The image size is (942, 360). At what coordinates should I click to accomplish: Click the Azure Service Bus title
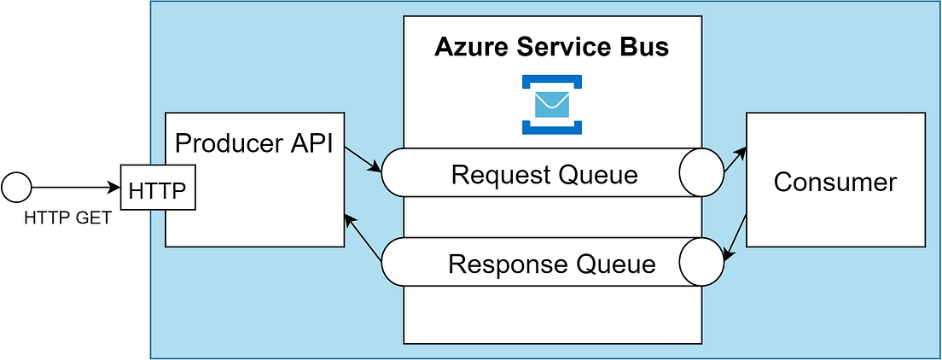552,47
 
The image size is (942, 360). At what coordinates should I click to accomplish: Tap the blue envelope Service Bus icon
552,104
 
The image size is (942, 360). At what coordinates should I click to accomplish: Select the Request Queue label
544,175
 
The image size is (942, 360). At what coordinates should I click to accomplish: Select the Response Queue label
551,264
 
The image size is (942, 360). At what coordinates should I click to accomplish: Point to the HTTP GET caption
67,218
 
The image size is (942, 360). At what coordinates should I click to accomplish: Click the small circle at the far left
17,185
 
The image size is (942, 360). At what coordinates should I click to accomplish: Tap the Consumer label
834,182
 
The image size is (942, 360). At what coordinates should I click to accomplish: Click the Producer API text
253,142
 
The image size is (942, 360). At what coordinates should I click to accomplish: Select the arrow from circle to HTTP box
77,186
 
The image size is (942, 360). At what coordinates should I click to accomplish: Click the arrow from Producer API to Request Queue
363,160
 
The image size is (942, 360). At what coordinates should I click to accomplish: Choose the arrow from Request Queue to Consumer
735,160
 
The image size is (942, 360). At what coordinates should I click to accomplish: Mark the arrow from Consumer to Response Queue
735,238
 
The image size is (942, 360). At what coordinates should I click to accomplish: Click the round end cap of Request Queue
701,174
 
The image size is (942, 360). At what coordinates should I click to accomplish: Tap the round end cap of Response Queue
701,261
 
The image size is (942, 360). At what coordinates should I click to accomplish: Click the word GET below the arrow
94,218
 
